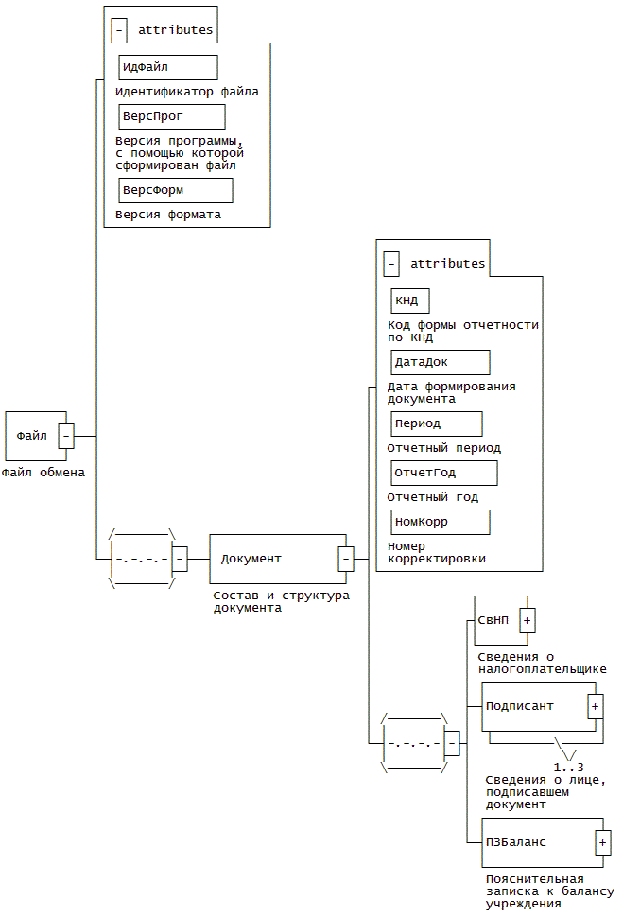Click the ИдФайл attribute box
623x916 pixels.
(168, 67)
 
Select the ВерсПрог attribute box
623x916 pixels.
(172, 116)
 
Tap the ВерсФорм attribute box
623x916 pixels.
(176, 190)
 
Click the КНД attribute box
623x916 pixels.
(410, 301)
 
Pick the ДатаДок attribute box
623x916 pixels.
(441, 362)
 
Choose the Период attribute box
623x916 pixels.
(437, 423)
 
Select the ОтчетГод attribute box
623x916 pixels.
(444, 473)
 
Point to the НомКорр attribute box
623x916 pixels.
(441, 522)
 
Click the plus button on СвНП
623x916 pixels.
(528, 620)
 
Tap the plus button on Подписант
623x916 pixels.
(596, 706)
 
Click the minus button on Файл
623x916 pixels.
(67, 436)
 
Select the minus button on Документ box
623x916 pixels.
(346, 559)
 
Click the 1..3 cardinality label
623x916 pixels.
(569, 767)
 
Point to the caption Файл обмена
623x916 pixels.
(43, 473)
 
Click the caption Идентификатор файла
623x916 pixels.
(187, 93)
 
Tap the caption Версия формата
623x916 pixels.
(168, 215)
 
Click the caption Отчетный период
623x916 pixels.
(444, 448)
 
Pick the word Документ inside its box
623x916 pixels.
(251, 559)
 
